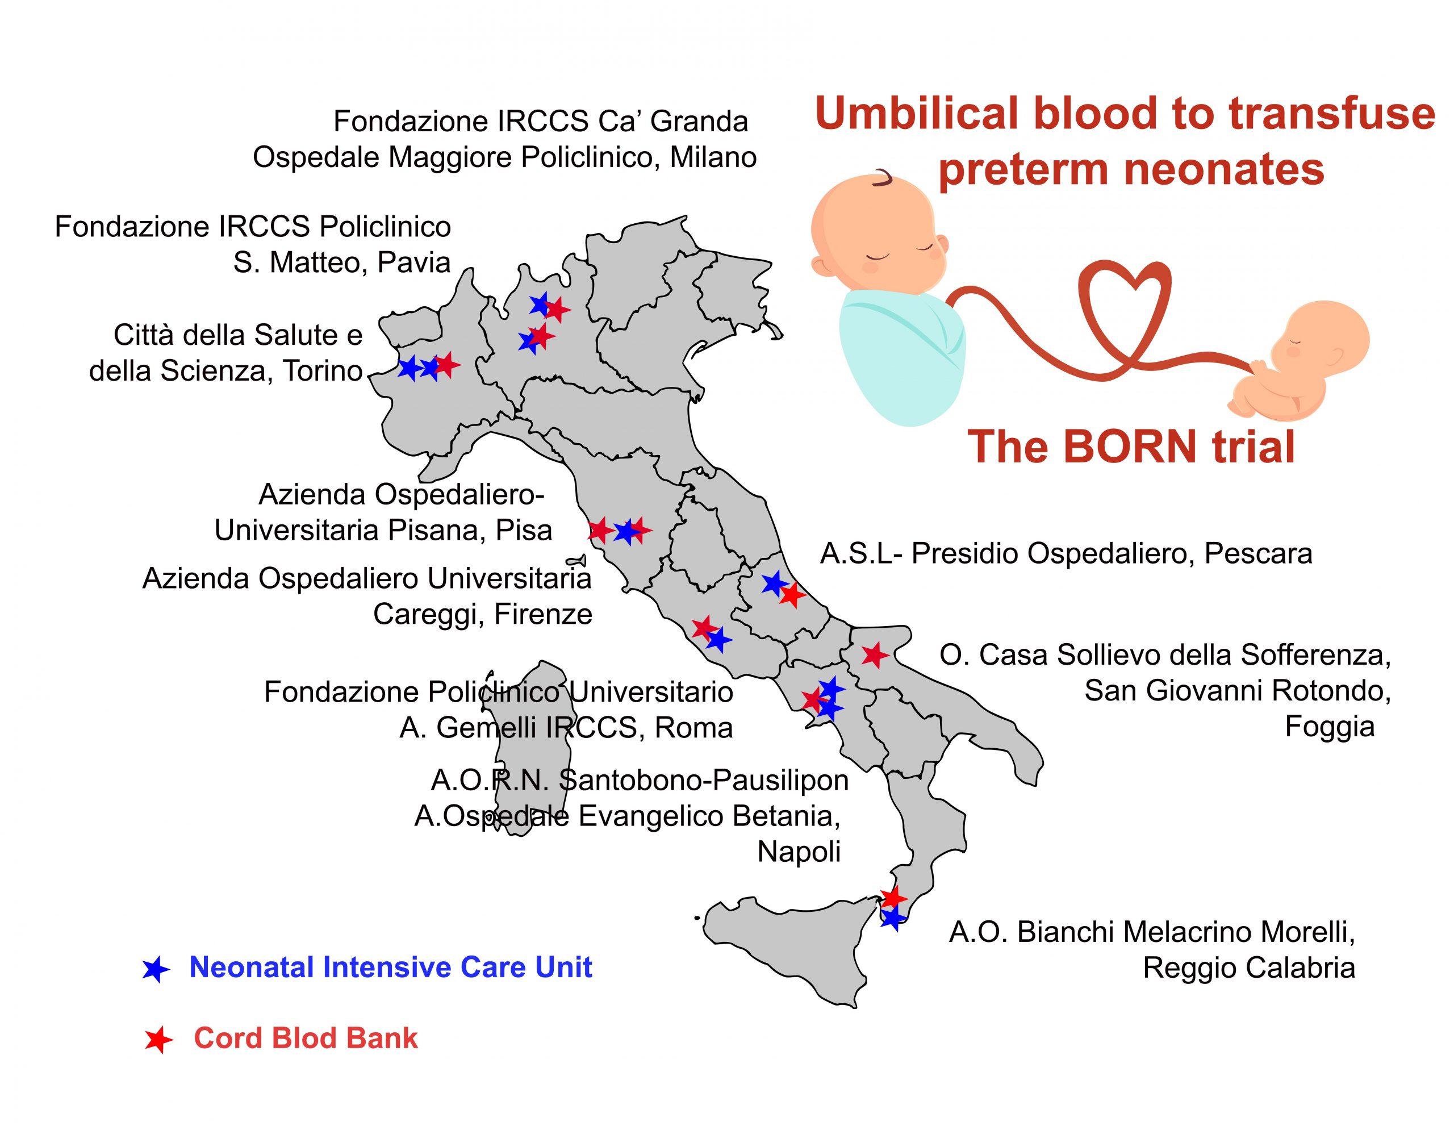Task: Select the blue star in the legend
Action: click(156, 970)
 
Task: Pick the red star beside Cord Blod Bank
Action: click(158, 1040)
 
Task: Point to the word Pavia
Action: click(414, 262)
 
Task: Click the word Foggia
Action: click(1329, 727)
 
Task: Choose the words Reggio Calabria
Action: click(1249, 968)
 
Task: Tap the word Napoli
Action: click(799, 852)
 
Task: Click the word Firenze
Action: click(542, 615)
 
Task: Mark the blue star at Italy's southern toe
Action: click(893, 918)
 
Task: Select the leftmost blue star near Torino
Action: click(410, 368)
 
